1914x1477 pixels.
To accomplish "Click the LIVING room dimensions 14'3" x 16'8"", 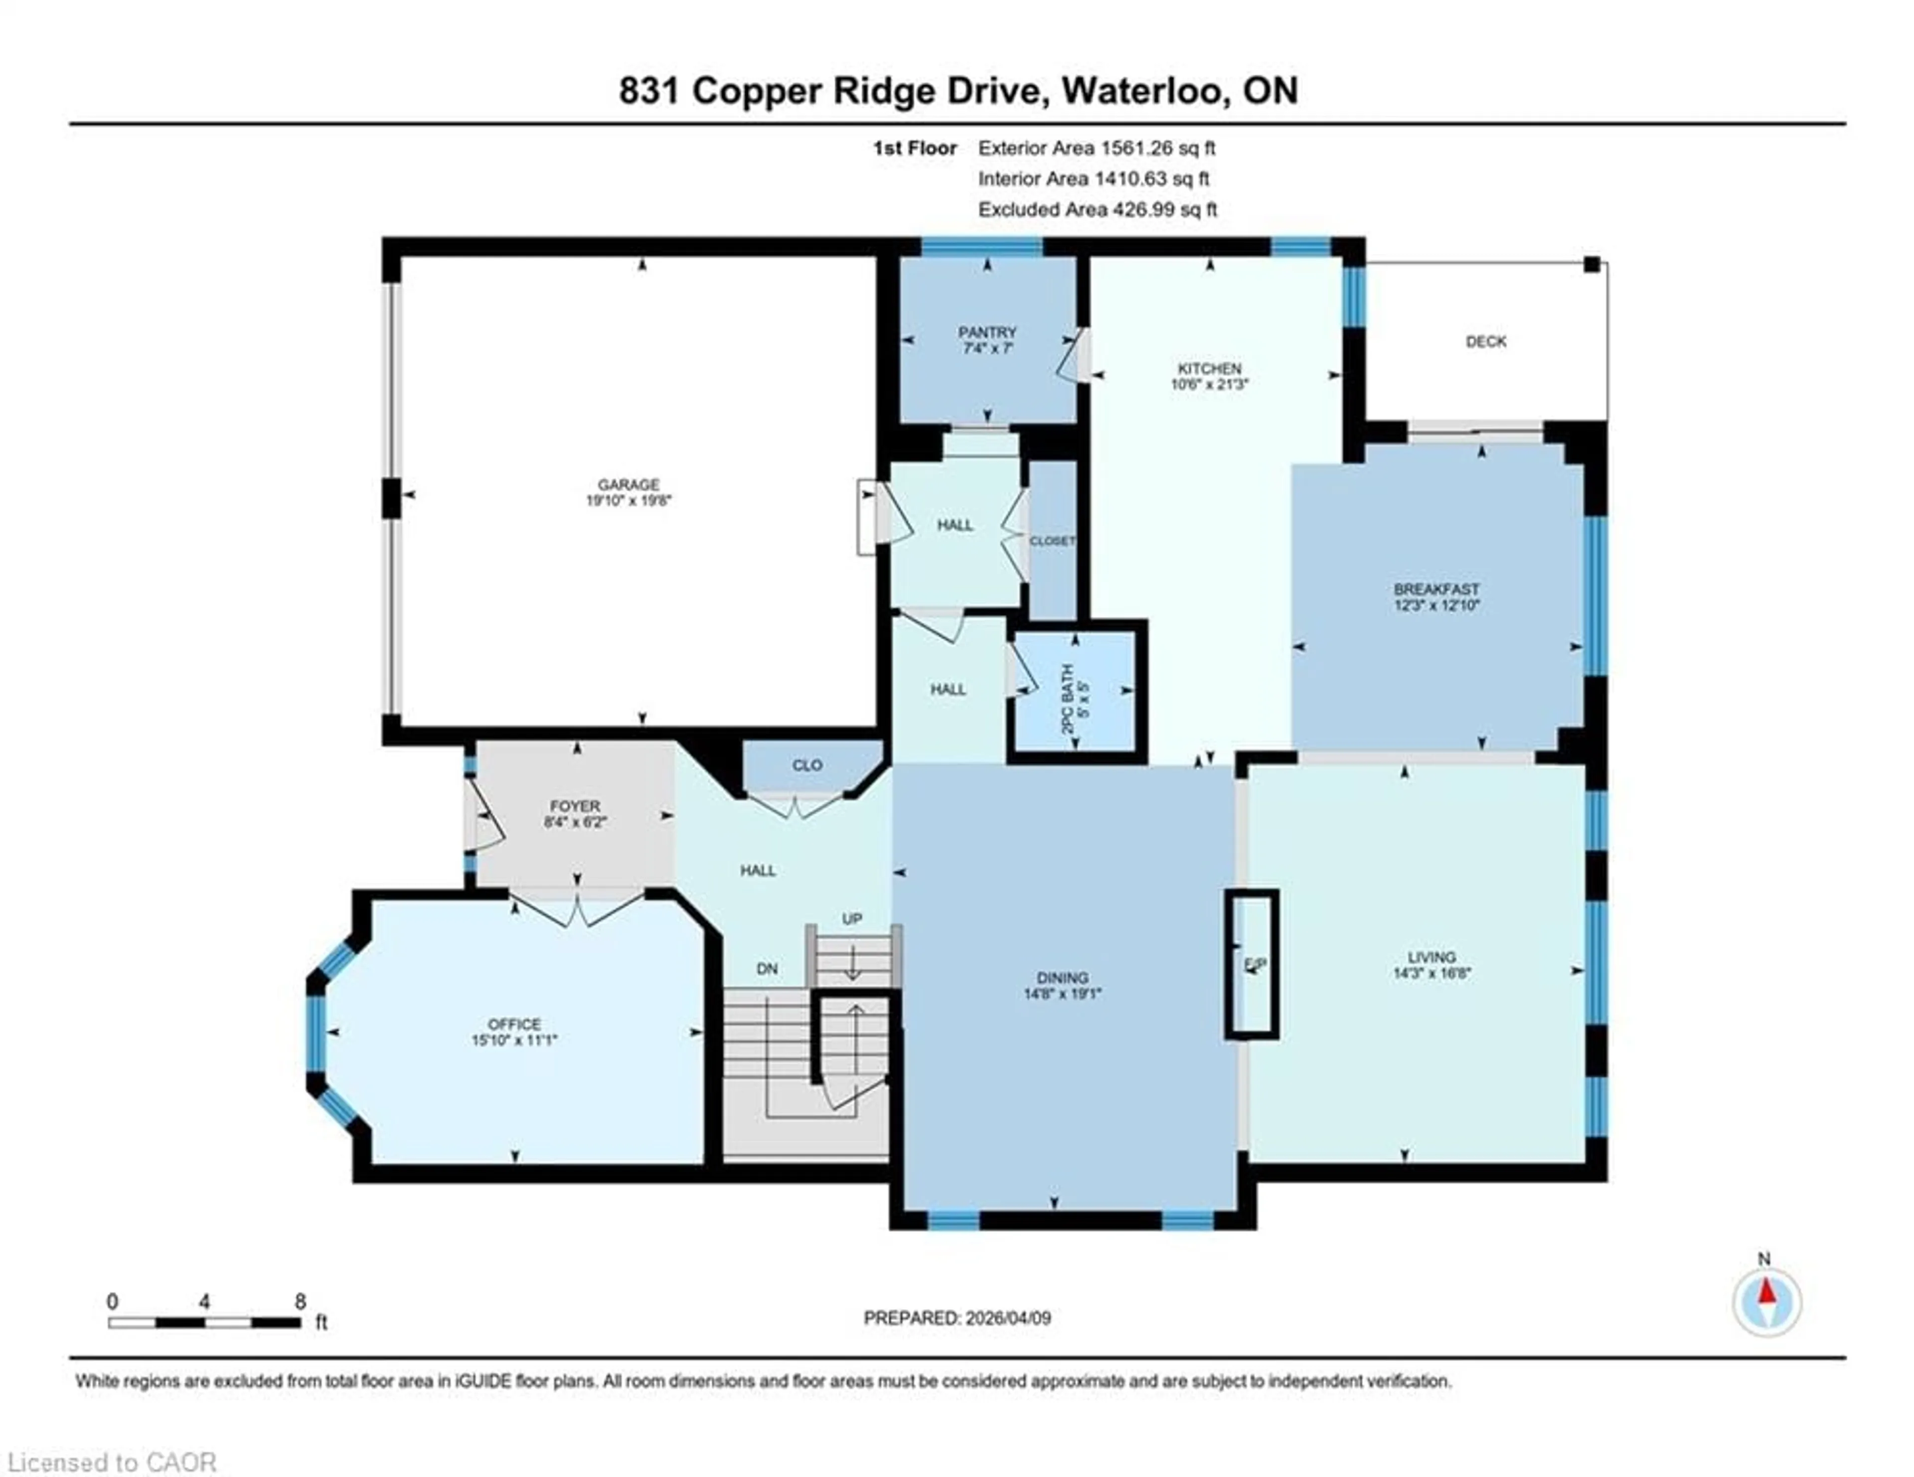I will click(x=1431, y=972).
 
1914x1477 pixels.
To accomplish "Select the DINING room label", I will click(x=1062, y=978).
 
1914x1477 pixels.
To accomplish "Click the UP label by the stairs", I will click(x=852, y=919).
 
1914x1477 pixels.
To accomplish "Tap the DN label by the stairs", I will click(x=767, y=969).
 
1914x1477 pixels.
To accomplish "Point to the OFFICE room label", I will click(x=514, y=1024).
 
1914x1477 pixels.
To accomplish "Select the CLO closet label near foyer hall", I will click(x=807, y=765).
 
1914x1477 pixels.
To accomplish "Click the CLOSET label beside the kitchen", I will click(x=1052, y=541).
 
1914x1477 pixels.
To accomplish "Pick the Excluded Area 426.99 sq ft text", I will click(x=1097, y=209).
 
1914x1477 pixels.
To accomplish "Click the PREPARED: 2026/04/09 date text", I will click(x=957, y=1318).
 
